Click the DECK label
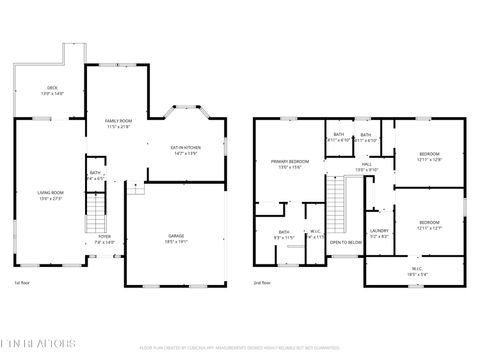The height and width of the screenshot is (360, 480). tap(52, 90)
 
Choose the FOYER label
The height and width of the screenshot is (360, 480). tap(104, 239)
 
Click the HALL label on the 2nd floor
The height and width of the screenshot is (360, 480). tap(366, 166)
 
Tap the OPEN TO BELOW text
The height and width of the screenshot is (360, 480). tap(346, 242)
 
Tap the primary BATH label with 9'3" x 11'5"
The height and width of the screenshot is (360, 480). tap(285, 234)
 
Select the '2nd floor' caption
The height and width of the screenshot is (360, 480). tap(261, 283)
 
